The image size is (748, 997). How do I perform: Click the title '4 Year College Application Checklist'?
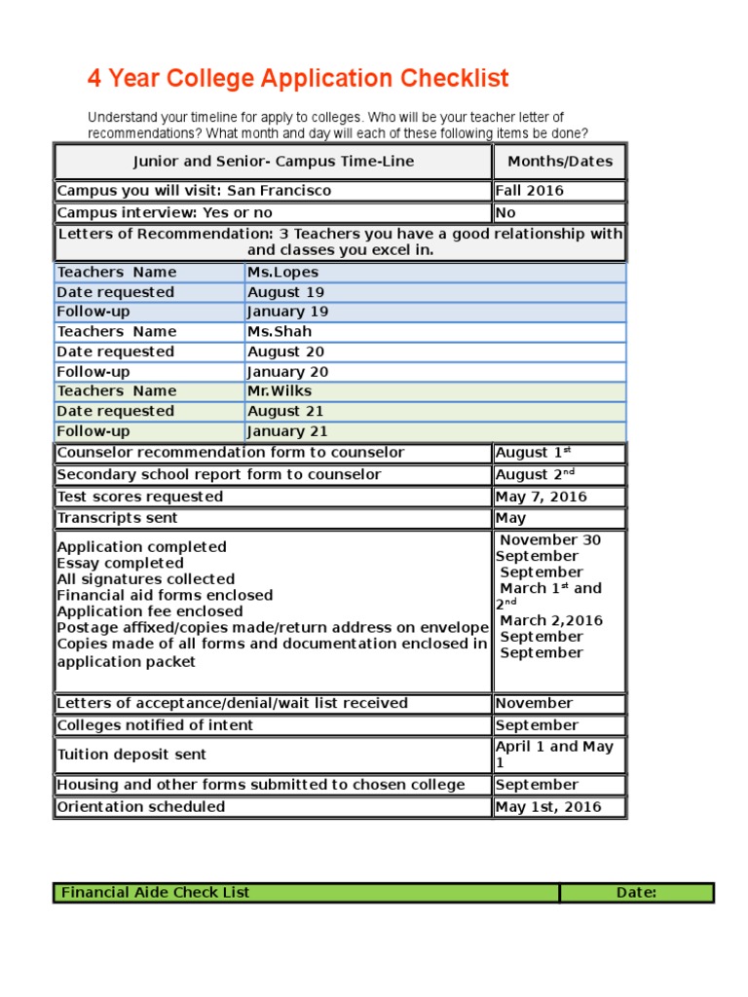tap(298, 79)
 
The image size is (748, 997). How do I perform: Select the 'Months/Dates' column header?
tap(559, 162)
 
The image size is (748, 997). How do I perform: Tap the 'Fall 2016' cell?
tap(529, 191)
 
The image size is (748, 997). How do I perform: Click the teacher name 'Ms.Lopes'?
tap(282, 272)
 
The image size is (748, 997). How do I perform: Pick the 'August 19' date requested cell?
tap(285, 292)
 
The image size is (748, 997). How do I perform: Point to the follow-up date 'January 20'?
tap(287, 372)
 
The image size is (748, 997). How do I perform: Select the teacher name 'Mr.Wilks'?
tap(280, 391)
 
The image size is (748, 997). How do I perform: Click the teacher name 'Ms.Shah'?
tap(280, 332)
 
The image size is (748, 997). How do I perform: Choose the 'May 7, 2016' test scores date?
tap(541, 497)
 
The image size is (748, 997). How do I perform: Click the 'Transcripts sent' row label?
tap(112, 518)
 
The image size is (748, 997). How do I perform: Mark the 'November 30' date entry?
tap(550, 540)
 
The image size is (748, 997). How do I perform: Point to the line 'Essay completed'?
tap(120, 563)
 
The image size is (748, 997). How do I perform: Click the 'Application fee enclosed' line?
tap(150, 611)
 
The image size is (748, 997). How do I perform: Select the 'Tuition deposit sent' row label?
tap(131, 755)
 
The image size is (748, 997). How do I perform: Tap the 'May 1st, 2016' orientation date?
tap(548, 806)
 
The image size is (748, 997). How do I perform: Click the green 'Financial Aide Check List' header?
tap(156, 892)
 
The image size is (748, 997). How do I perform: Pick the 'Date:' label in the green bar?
tap(636, 892)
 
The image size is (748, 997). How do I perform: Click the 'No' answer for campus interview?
tap(505, 212)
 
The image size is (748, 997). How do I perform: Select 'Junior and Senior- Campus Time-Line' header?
tap(273, 162)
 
